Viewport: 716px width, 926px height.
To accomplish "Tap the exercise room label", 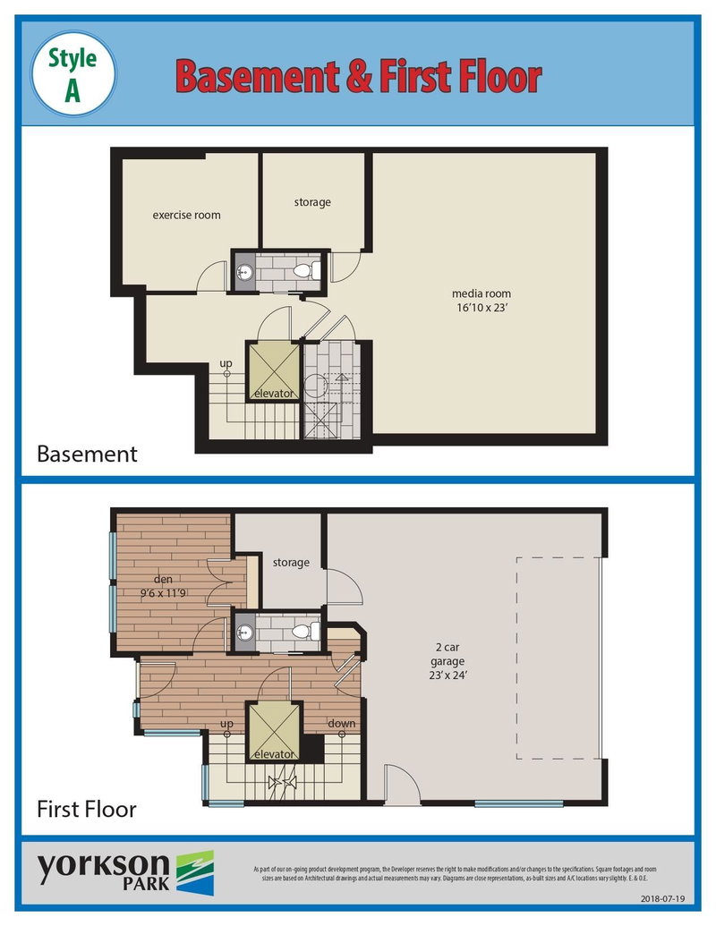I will pos(186,215).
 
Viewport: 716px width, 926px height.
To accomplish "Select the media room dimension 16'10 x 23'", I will pos(482,309).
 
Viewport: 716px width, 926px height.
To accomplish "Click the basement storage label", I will pos(312,202).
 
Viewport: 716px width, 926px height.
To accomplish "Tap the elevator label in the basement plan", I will pos(274,394).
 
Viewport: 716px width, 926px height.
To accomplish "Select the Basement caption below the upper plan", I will pos(87,454).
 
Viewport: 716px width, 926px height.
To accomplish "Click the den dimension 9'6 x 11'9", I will pos(163,593).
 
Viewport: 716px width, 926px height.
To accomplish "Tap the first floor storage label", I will pos(291,563).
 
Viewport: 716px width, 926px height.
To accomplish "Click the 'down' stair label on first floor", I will pos(341,723).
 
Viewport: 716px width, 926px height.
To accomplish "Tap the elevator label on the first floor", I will pos(274,754).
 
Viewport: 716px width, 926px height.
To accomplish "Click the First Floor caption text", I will pos(86,810).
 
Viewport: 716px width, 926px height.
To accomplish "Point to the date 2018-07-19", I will pos(662,897).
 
